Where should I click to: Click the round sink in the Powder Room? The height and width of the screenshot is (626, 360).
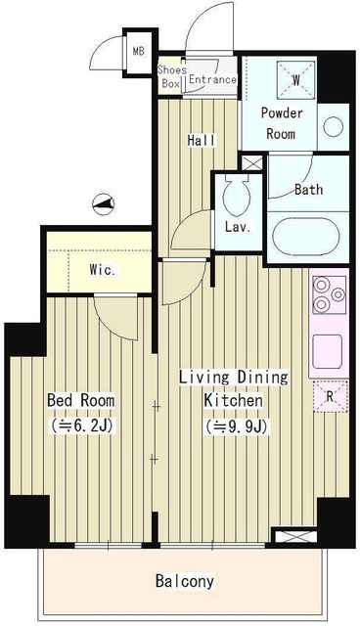pos(333,125)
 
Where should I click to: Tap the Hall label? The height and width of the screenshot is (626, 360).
pos(202,141)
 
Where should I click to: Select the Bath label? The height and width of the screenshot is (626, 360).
pos(309,190)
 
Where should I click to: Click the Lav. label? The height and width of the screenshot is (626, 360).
pos(236,227)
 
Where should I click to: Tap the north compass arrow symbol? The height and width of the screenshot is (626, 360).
pos(104,203)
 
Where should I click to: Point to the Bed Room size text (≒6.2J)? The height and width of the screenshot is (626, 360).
pos(81,425)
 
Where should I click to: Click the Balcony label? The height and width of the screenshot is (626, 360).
pos(184,581)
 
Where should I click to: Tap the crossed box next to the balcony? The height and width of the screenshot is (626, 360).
pos(293,536)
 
